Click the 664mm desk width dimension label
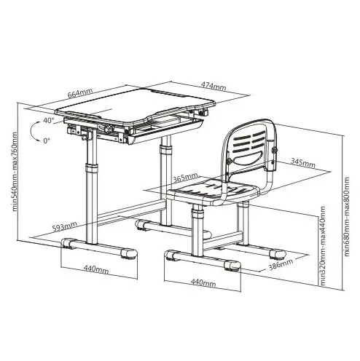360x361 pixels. [x=80, y=93]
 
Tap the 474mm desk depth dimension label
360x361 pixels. [x=214, y=86]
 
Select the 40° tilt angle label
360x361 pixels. [x=49, y=120]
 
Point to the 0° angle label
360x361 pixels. [x=47, y=140]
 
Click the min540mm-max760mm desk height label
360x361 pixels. [x=15, y=172]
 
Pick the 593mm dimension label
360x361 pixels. [x=65, y=226]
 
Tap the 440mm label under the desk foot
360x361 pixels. [x=96, y=269]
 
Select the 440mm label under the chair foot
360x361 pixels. [x=203, y=282]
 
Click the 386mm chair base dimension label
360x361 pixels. [x=281, y=264]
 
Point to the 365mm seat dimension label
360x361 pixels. [x=185, y=178]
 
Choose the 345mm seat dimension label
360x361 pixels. [x=303, y=163]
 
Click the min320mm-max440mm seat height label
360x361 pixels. [x=323, y=246]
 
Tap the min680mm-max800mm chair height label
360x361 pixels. [x=347, y=217]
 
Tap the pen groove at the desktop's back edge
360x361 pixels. [x=167, y=93]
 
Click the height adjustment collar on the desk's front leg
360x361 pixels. [x=92, y=168]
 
